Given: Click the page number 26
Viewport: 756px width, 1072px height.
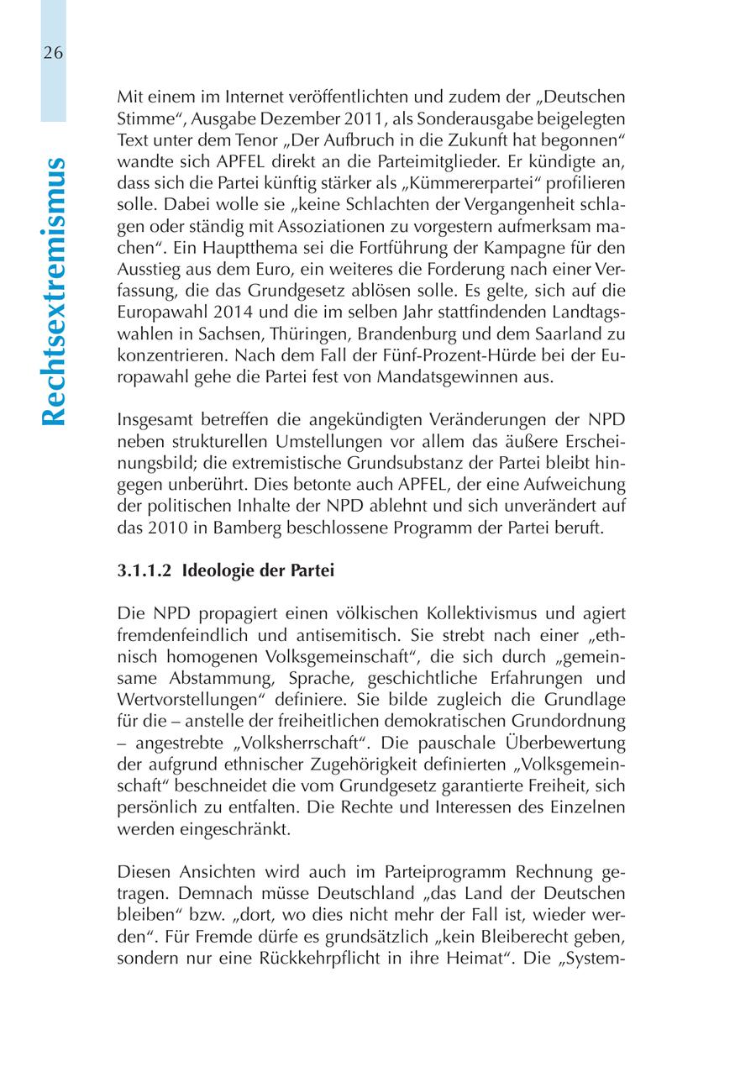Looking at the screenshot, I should coord(53,53).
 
